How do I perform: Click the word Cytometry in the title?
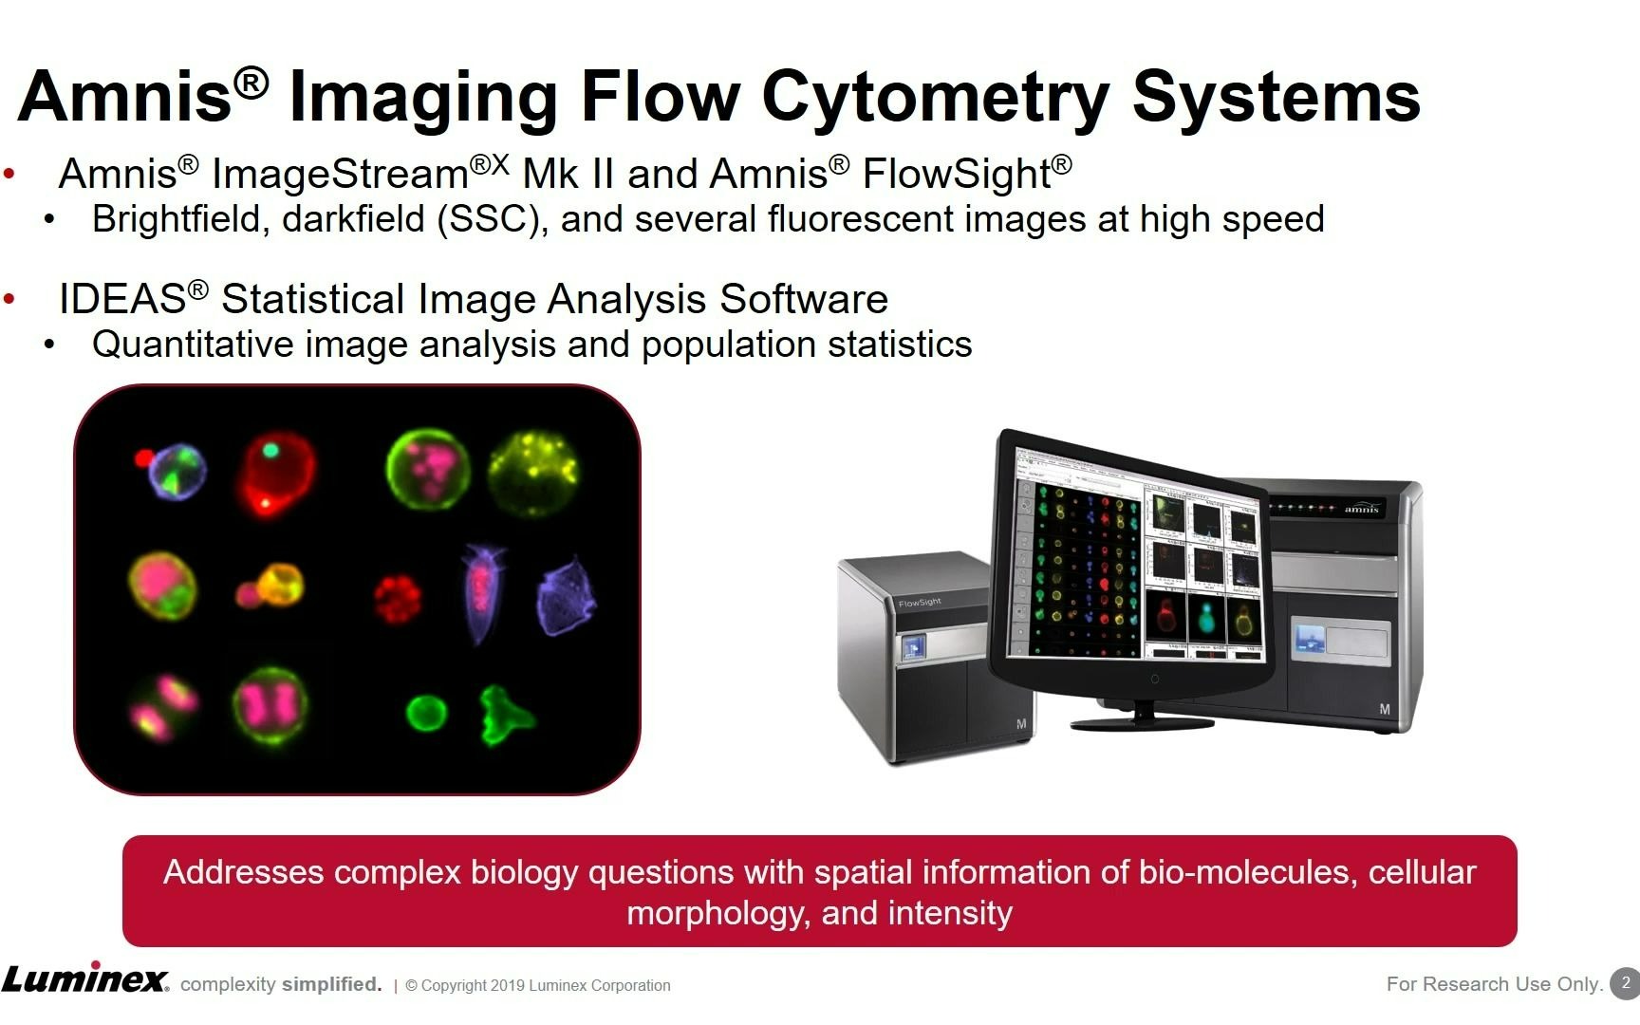936,97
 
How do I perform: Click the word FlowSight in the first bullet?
957,174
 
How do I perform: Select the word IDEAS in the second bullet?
122,299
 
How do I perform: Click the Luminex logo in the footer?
85,978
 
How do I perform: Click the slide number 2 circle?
1625,983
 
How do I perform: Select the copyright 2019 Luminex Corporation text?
538,986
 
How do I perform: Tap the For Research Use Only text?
1495,984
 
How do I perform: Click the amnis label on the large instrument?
1361,509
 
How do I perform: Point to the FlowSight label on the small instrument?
920,602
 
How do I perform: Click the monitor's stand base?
1142,722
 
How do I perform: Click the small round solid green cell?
426,712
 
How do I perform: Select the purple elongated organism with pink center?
483,592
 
